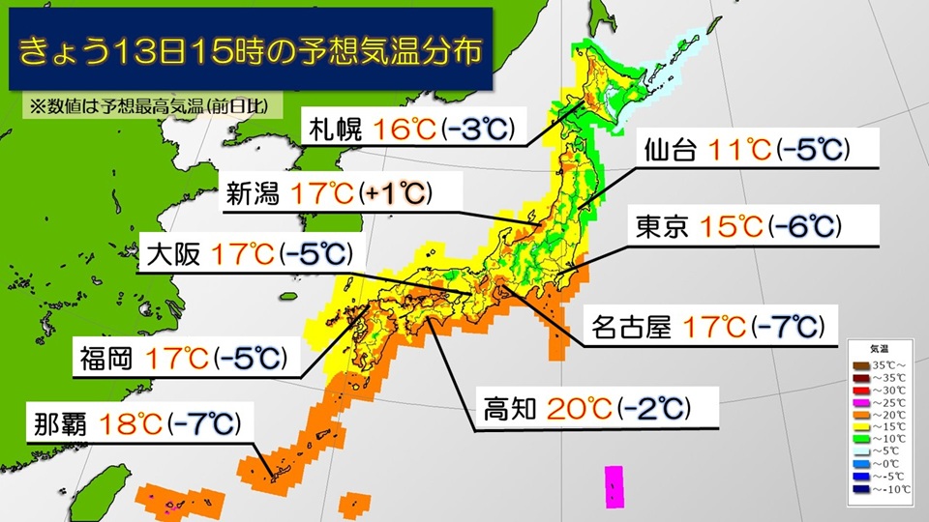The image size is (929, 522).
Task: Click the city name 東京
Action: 662,226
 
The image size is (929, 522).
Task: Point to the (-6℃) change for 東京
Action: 802,226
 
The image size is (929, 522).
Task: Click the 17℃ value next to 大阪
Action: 241,254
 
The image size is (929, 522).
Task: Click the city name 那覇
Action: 64,423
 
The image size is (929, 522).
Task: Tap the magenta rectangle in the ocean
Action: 613,487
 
